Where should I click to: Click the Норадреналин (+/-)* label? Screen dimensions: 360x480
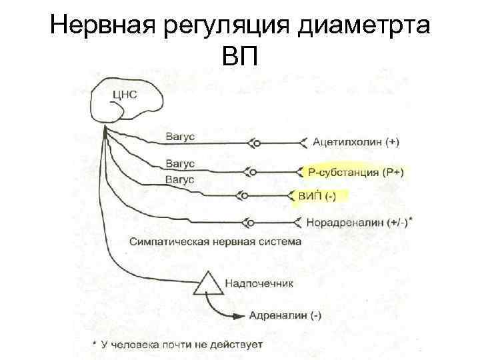click(x=358, y=222)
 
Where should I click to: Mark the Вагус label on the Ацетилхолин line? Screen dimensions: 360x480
click(x=179, y=137)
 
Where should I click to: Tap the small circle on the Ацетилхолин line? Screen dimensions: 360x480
click(x=257, y=142)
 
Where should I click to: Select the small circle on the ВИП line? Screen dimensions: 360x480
click(x=245, y=196)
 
